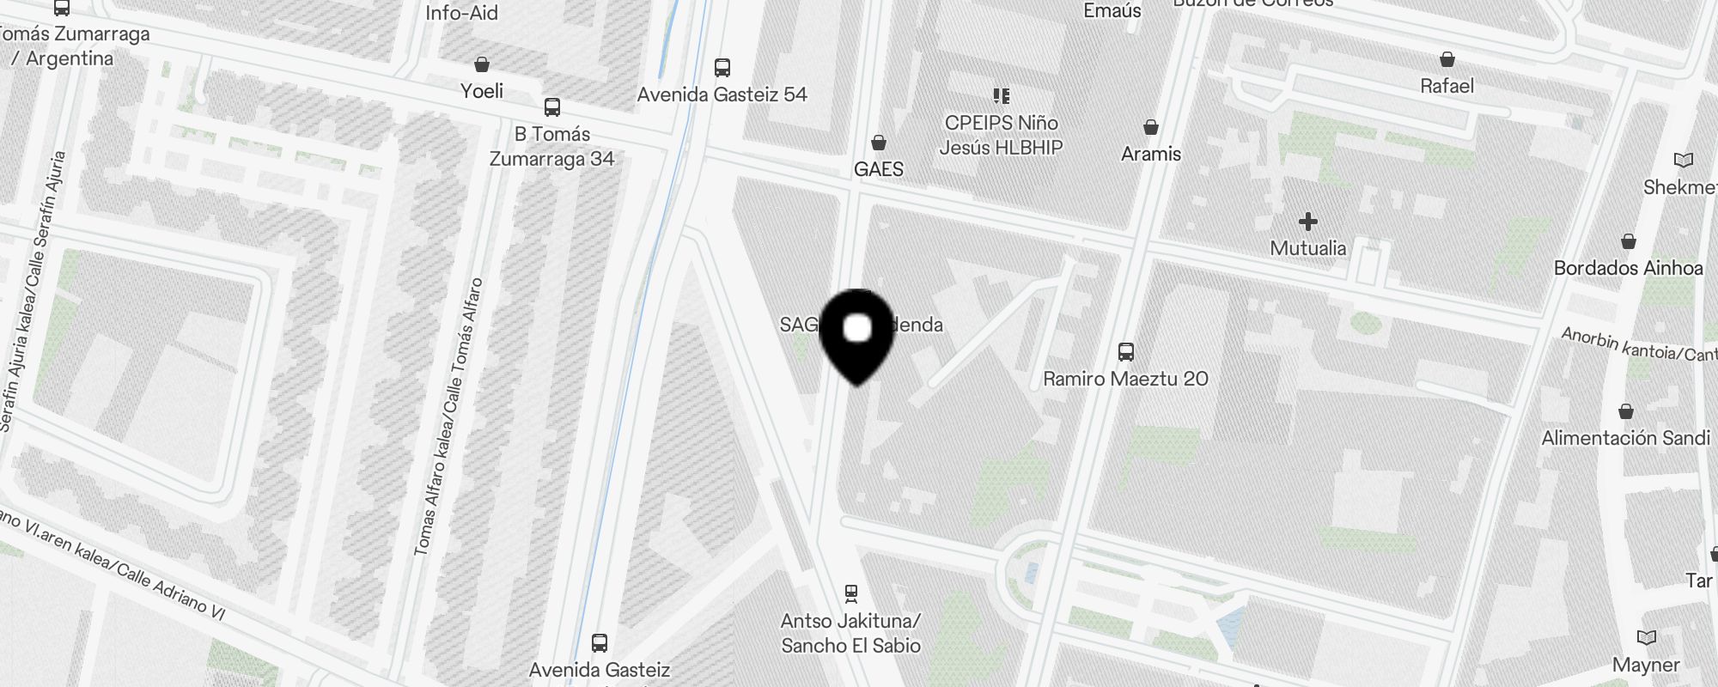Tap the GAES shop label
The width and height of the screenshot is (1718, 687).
pos(878,169)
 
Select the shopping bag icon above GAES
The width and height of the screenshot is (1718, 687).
pos(878,142)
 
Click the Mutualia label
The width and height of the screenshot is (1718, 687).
pos(1307,248)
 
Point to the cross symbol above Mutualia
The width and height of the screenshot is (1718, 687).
pos(1307,222)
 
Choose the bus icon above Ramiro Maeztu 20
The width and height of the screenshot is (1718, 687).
pos(1125,352)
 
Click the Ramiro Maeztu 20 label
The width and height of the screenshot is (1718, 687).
pos(1125,379)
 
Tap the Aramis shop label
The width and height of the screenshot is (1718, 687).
pos(1150,155)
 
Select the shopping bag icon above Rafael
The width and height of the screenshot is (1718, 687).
pos(1447,59)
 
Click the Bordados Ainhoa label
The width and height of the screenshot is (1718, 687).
pos(1628,268)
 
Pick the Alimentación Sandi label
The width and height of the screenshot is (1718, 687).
pos(1625,438)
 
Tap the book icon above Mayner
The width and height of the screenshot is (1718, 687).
pos(1646,638)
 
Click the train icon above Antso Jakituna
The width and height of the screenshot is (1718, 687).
pos(850,593)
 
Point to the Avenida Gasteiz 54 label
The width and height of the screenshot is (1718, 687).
pos(722,94)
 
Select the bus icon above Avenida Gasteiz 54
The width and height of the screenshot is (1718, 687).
pos(722,67)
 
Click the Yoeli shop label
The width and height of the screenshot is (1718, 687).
pos(481,91)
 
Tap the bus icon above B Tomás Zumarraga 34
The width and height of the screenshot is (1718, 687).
pos(551,107)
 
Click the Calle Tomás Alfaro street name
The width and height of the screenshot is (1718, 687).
pos(448,416)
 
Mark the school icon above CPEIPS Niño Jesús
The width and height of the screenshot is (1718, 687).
pos(1001,95)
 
